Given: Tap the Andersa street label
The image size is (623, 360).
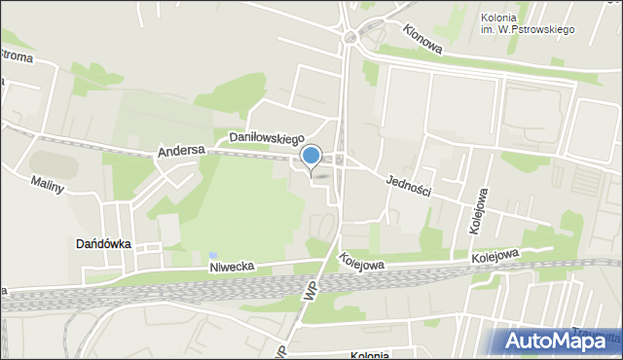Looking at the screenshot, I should coord(180,152).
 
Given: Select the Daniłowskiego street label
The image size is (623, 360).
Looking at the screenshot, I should coord(267,139).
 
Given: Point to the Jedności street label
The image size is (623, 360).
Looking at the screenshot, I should coord(408,185).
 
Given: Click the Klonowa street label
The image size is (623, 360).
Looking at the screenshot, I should coord(421,38).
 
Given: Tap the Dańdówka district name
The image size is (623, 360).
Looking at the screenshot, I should coord(104,244).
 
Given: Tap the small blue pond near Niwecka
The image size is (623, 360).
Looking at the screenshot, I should coord(212,255).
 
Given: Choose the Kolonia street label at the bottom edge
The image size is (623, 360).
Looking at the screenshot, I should coord(370,355).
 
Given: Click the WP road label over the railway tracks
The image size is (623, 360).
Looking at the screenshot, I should coord(311,291).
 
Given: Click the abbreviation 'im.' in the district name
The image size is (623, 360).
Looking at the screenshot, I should coord(488,30).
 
